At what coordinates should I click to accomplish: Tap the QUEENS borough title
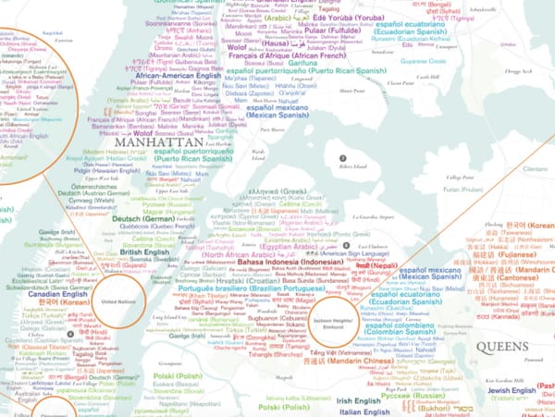(x=502, y=347)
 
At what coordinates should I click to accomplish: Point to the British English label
(x=143, y=251)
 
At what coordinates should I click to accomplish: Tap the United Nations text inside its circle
(x=118, y=301)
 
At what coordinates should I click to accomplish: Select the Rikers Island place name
(x=341, y=170)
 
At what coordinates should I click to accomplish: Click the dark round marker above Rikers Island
(x=342, y=158)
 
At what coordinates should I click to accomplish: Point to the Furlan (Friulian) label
(x=462, y=189)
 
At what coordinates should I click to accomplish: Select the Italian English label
(x=363, y=411)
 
